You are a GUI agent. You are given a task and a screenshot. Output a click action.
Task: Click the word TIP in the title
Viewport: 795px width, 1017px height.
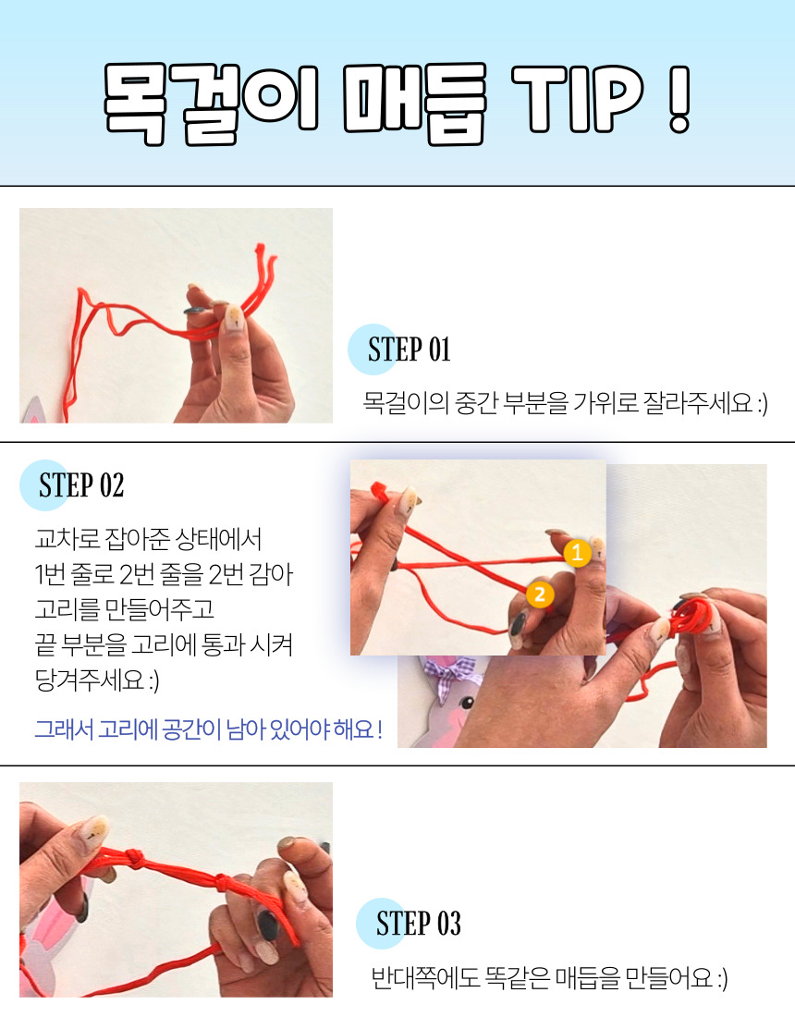click(x=577, y=99)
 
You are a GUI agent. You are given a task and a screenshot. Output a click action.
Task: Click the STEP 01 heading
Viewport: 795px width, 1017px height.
click(x=409, y=349)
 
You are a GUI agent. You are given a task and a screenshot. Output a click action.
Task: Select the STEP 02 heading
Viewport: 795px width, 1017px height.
click(x=81, y=485)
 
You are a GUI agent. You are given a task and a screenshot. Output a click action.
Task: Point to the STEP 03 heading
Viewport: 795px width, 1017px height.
click(x=418, y=924)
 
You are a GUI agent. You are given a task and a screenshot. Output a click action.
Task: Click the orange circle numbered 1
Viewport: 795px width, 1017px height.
click(x=577, y=553)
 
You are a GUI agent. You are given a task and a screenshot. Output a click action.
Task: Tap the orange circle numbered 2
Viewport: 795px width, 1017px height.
click(x=540, y=594)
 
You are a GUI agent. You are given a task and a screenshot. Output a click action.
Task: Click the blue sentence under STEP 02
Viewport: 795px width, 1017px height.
click(x=208, y=729)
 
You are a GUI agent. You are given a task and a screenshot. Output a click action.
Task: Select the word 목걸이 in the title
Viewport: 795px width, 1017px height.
click(x=211, y=103)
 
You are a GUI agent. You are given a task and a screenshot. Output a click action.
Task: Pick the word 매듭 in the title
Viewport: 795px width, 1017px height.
click(x=414, y=103)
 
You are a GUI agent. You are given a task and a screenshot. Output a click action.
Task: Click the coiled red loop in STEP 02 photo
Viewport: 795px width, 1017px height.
click(x=691, y=615)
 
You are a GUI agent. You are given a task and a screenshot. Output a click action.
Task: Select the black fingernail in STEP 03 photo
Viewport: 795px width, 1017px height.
click(x=266, y=925)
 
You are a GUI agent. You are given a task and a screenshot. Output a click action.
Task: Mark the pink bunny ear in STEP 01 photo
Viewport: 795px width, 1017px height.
click(x=33, y=411)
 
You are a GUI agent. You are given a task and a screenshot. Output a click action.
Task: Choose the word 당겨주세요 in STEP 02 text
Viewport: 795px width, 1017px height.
click(x=90, y=680)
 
